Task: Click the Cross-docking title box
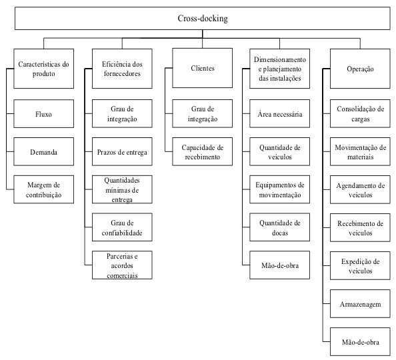202,19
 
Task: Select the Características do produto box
44,69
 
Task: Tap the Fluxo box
44,114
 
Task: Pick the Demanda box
44,151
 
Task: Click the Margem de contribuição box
44,189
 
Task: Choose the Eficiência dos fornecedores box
122,69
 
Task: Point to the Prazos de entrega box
122,151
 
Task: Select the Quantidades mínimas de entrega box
122,189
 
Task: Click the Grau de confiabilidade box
122,227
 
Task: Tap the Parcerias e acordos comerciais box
122,265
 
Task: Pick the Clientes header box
202,68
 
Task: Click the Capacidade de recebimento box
202,151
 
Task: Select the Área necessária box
279,114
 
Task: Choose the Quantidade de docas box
279,227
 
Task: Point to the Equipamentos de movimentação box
279,189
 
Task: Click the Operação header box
360,69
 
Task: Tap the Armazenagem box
360,303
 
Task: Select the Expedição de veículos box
360,265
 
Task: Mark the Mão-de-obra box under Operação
360,342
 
